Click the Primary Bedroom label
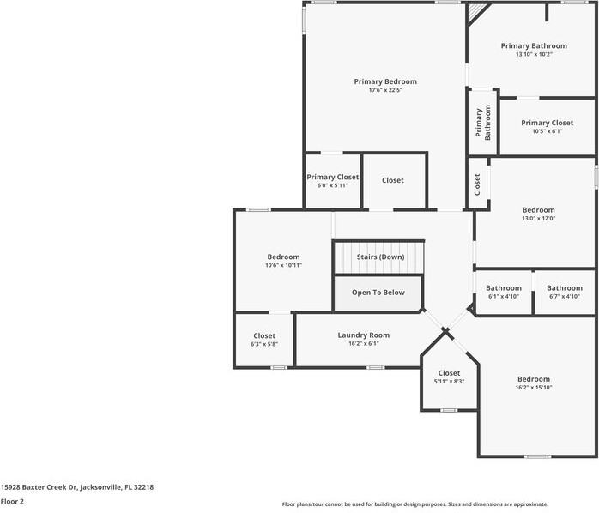385,81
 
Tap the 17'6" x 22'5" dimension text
385,90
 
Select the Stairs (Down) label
380,256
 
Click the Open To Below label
378,293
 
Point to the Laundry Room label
364,335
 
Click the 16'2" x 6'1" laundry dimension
364,344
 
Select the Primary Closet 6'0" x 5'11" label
333,177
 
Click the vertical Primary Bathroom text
484,123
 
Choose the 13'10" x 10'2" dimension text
534,54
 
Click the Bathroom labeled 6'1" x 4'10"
504,288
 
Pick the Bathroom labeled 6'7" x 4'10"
565,288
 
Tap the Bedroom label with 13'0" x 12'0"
539,210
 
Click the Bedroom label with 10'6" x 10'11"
283,257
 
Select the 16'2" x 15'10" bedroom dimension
534,388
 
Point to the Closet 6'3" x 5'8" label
264,335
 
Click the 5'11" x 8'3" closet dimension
449,382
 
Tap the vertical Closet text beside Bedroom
477,184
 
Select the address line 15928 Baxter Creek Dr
76,486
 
